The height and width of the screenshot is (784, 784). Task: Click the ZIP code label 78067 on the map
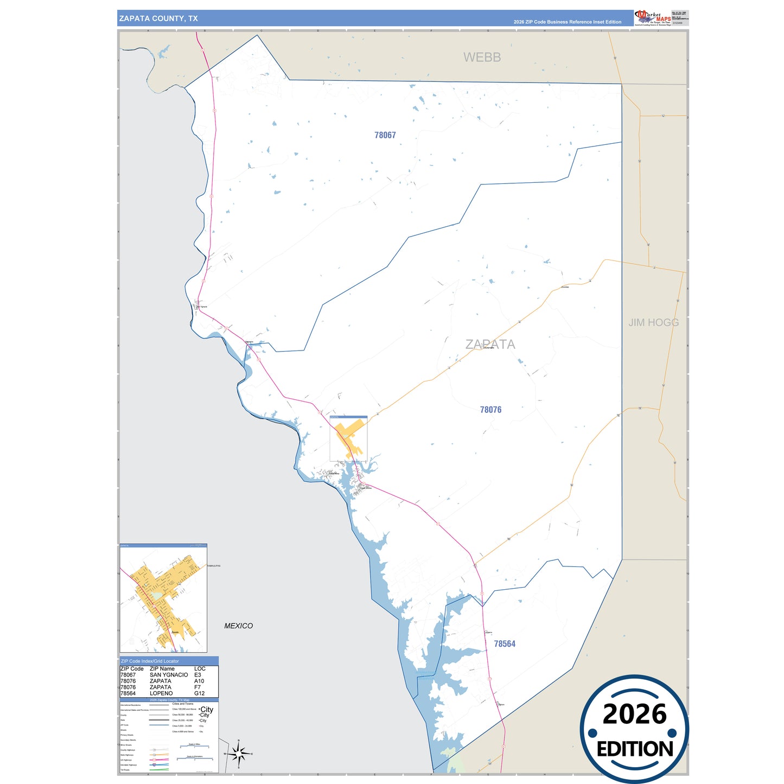(x=385, y=135)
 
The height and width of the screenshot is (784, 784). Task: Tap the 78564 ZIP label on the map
(x=505, y=644)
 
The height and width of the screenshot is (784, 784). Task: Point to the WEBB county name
(x=482, y=58)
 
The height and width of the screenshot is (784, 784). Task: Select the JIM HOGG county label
(x=653, y=322)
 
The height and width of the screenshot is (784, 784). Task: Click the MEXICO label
(x=239, y=626)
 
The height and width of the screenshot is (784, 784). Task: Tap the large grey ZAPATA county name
(x=490, y=345)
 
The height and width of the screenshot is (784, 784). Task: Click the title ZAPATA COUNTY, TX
(x=158, y=18)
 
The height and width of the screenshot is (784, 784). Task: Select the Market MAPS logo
(x=652, y=18)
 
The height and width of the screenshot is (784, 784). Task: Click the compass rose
(x=239, y=753)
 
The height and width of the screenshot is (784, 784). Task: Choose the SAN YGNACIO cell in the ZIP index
(x=169, y=675)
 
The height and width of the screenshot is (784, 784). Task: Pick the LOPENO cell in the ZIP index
(x=161, y=693)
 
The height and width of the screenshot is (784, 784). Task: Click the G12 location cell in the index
(x=200, y=693)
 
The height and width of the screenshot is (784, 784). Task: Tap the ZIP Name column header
(x=162, y=669)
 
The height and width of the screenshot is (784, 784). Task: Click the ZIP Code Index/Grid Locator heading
(x=150, y=661)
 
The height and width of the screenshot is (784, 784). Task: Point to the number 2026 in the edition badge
(x=634, y=714)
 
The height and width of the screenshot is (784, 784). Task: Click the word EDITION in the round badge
(x=635, y=749)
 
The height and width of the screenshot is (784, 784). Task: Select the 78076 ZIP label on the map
(x=490, y=410)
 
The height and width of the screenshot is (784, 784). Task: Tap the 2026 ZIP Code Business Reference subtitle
(x=567, y=22)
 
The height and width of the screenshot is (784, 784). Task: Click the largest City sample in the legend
(x=207, y=710)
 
